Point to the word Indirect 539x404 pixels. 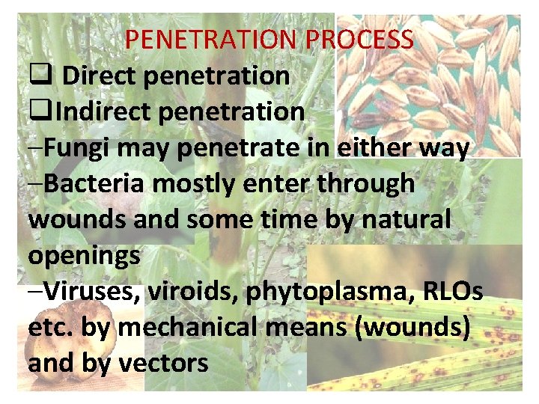[x=103, y=111]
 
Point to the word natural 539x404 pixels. [x=409, y=219]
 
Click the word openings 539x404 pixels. [x=84, y=256]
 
